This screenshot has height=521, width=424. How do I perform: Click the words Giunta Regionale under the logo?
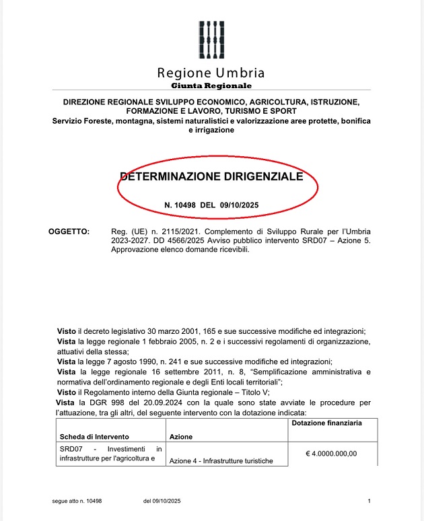(x=211, y=85)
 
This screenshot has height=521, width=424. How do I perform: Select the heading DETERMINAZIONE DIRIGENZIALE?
(x=211, y=177)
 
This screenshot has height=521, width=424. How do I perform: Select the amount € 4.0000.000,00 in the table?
(x=331, y=453)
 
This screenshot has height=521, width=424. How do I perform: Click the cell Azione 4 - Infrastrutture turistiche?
(x=221, y=460)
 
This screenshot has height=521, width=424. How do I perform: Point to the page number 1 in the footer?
(x=369, y=501)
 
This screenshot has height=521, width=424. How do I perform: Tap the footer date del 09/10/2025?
(x=162, y=501)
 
